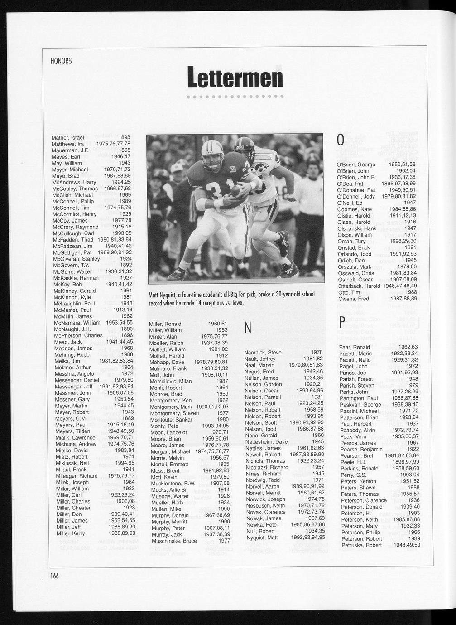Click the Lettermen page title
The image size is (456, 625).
tap(235, 77)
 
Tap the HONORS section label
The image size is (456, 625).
tap(62, 61)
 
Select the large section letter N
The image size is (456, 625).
tap(248, 329)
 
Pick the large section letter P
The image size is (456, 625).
tap(342, 322)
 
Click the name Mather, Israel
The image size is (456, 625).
tap(67, 137)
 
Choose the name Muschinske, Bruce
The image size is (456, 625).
tap(173, 541)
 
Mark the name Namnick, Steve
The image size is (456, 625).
tap(263, 352)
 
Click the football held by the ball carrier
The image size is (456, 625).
tap(236, 192)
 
